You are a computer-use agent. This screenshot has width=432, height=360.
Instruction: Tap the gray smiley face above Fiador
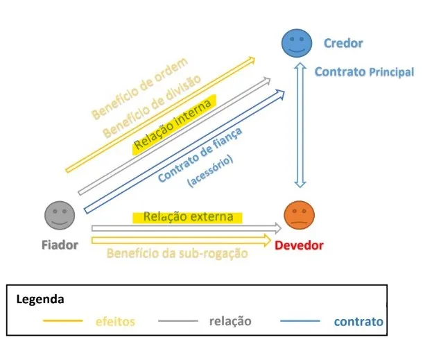(60, 215)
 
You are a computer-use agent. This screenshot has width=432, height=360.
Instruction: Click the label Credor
(343, 43)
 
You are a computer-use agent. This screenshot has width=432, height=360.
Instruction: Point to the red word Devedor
(299, 245)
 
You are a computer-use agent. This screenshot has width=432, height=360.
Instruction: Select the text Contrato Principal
(364, 71)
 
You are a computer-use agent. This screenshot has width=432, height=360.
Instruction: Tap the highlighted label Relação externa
(188, 217)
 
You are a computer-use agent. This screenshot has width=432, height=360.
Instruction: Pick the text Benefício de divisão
(153, 104)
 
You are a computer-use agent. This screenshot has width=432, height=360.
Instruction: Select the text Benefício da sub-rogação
(178, 253)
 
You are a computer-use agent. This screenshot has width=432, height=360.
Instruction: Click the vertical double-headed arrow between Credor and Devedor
(300, 125)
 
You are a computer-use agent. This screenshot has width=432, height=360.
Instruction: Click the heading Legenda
(40, 300)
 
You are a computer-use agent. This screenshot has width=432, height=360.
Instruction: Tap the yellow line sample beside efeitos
(64, 321)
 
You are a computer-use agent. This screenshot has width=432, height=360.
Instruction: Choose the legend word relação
(230, 321)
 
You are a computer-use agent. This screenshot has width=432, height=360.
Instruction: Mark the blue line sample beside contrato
(300, 321)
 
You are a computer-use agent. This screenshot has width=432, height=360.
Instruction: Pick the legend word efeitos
(115, 321)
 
